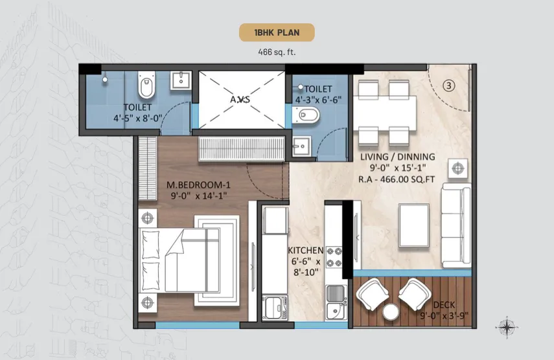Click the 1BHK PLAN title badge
(277, 32)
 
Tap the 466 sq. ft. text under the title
(277, 52)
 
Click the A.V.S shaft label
(240, 100)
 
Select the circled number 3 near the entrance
(449, 85)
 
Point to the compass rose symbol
(507, 327)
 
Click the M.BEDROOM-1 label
(198, 185)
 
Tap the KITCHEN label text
(306, 250)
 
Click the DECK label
(444, 305)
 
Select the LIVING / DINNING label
(397, 157)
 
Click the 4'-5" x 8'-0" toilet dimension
(137, 118)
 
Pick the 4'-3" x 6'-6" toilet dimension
(318, 100)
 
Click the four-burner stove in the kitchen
(334, 257)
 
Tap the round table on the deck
(391, 312)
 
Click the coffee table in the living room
(414, 225)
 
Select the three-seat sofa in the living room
(456, 225)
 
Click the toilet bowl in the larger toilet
(146, 85)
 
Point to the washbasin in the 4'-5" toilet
(181, 81)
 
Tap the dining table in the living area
(384, 113)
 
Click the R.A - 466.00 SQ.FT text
(397, 179)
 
